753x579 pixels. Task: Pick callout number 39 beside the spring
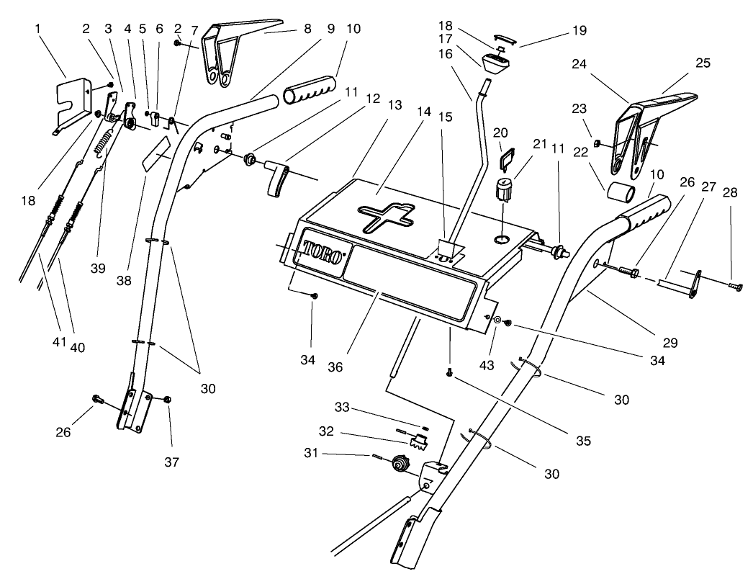coord(99,268)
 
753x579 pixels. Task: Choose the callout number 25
coord(703,63)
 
